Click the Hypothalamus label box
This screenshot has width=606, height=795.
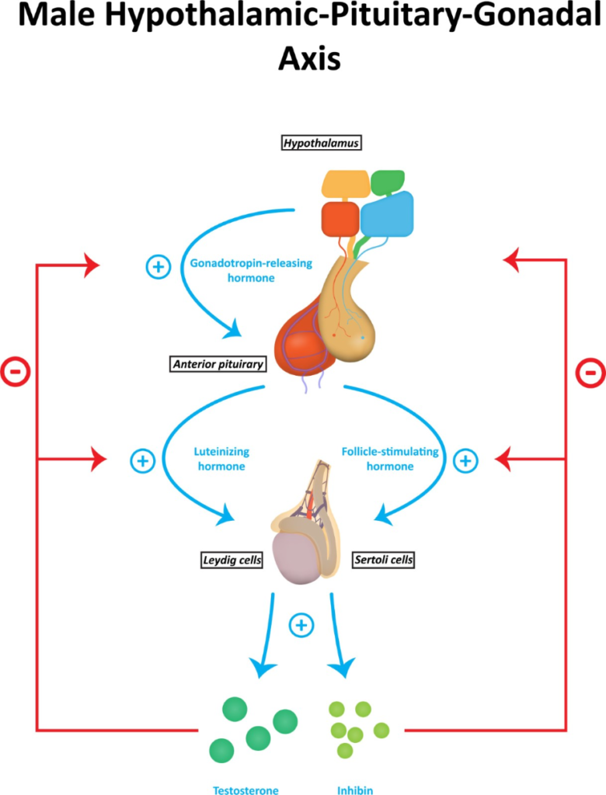click(x=322, y=143)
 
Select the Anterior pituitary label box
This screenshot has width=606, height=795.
click(x=218, y=364)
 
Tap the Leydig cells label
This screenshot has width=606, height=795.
click(x=232, y=561)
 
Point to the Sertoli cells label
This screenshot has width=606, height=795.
click(x=384, y=560)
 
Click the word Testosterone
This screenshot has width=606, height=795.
click(x=246, y=790)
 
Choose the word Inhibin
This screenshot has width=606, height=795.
click(x=355, y=790)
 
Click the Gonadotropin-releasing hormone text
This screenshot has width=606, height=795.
click(x=251, y=270)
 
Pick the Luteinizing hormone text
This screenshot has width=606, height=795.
click(x=221, y=459)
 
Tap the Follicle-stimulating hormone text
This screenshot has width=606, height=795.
click(x=390, y=459)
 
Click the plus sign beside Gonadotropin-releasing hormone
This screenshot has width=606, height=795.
click(x=158, y=267)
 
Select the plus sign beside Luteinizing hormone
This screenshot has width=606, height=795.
click(x=143, y=461)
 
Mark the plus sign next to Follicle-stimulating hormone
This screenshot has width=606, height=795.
click(x=465, y=461)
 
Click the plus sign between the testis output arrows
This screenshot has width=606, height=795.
click(x=301, y=625)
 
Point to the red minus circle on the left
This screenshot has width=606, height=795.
click(x=16, y=372)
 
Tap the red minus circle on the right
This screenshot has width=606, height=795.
click(x=590, y=373)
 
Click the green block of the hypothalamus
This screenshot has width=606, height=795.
click(x=387, y=182)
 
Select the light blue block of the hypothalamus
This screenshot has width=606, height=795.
click(x=387, y=214)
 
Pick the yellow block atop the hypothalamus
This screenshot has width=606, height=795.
click(x=346, y=183)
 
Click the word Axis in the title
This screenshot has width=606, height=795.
click(x=309, y=58)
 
